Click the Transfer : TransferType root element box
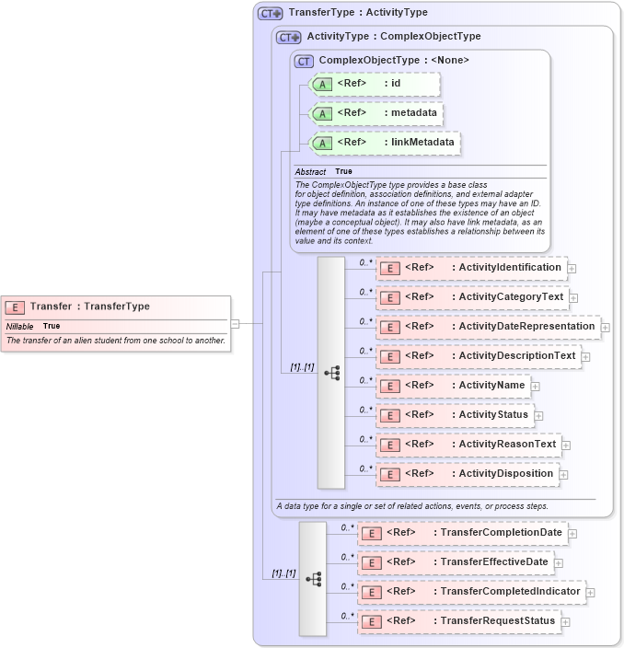pyautogui.click(x=114, y=307)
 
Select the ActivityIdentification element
pyautogui.click(x=471, y=268)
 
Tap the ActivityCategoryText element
pyautogui.click(x=471, y=297)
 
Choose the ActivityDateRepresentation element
pyautogui.click(x=488, y=327)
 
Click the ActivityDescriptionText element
pyautogui.click(x=478, y=356)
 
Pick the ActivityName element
pyautogui.click(x=452, y=386)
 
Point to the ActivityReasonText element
pyautogui.click(x=468, y=445)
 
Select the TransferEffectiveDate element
pyautogui.click(x=455, y=562)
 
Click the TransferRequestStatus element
pyautogui.click(x=458, y=621)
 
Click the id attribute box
pyautogui.click(x=375, y=85)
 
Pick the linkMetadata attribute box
pyautogui.click(x=385, y=144)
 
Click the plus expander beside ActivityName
pyautogui.click(x=535, y=387)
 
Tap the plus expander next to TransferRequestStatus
pyautogui.click(x=565, y=622)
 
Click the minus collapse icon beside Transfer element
pyautogui.click(x=235, y=323)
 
